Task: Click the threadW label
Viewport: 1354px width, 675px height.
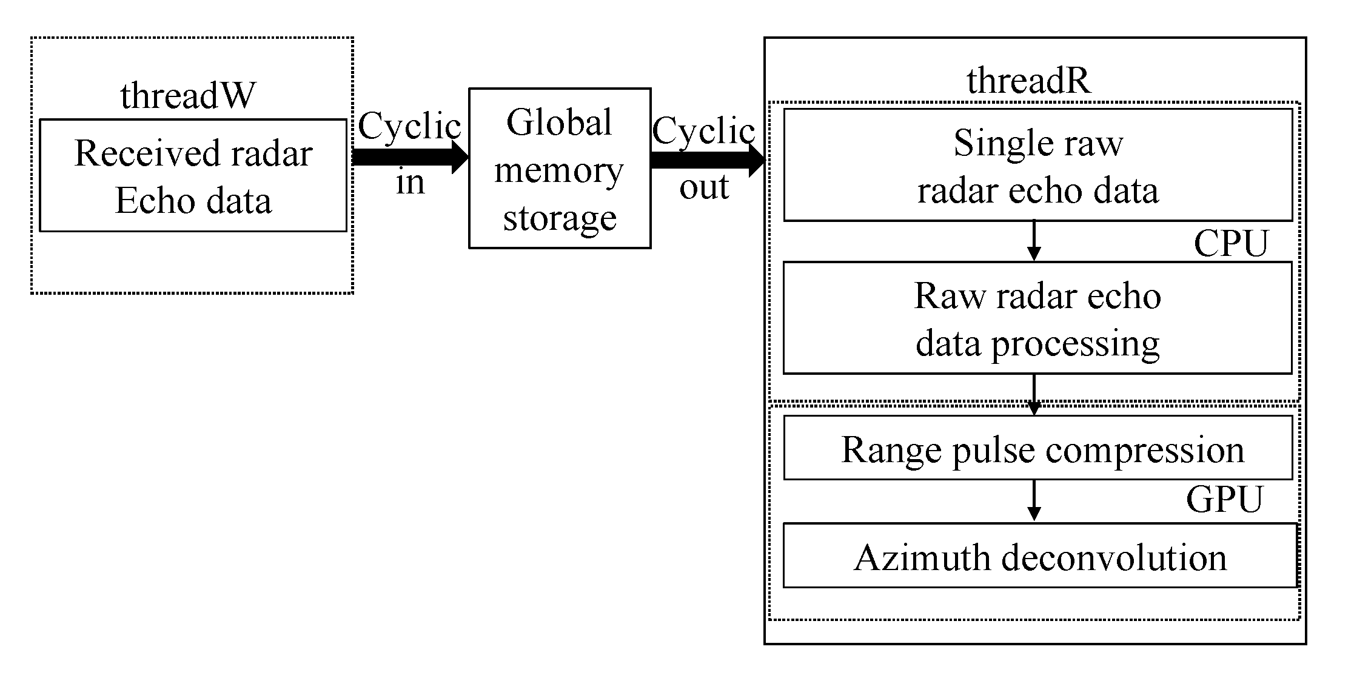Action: coord(187,96)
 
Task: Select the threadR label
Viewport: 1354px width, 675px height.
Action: coord(1028,81)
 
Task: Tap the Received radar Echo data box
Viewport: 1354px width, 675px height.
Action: coord(193,175)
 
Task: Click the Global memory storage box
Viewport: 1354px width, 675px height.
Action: coord(559,169)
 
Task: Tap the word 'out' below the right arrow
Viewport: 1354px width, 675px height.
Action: coord(703,187)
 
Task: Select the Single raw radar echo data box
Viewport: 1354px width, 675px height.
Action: coord(1037,165)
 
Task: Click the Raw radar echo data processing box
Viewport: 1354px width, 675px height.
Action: coord(1037,318)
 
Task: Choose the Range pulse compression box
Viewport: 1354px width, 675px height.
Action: coord(1037,448)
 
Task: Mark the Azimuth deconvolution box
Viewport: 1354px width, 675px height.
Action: coord(1039,556)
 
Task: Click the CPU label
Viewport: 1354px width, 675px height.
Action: coord(1230,244)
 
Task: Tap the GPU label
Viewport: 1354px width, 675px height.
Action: coord(1224,499)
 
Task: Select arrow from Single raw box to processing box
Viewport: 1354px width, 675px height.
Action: coord(1034,241)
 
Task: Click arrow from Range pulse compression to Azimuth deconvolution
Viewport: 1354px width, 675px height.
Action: coord(1034,500)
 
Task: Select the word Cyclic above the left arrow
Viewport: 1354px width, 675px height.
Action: coord(409,127)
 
